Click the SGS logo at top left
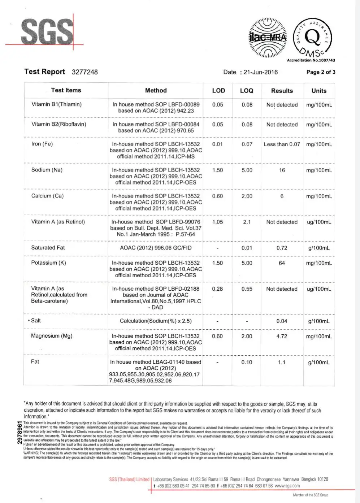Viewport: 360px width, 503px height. (x=47, y=32)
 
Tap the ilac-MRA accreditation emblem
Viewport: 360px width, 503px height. (x=268, y=38)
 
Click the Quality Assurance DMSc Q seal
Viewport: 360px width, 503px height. (x=312, y=38)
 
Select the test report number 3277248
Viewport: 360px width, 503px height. (x=85, y=72)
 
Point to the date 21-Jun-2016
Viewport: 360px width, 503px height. (x=261, y=72)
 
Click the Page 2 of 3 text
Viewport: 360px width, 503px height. (x=321, y=72)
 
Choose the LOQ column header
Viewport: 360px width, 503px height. (x=247, y=91)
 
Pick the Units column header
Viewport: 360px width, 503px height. (x=319, y=91)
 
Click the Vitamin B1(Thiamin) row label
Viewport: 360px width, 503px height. (x=56, y=104)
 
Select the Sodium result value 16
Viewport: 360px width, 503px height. (x=282, y=170)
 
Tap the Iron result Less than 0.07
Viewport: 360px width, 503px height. (x=282, y=144)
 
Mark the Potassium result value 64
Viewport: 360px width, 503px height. (x=282, y=263)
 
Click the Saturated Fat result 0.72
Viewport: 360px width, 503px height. (x=282, y=248)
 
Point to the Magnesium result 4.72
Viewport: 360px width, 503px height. (x=282, y=336)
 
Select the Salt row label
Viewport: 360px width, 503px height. (x=36, y=321)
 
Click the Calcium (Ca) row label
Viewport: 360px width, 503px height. (x=47, y=196)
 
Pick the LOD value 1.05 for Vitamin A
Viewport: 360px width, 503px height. (x=218, y=222)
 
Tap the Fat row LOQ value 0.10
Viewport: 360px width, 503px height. (x=247, y=362)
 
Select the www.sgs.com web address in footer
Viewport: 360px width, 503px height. (x=287, y=486)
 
